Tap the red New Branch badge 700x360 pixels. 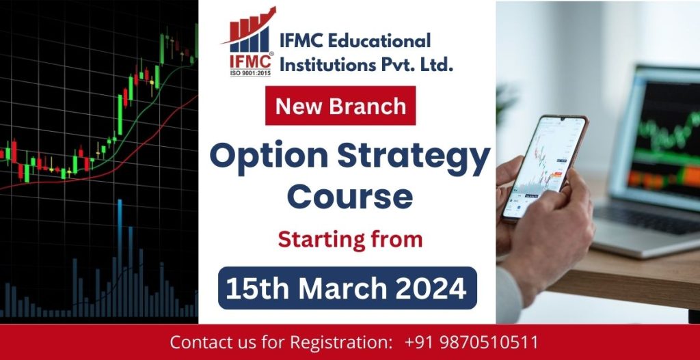(340, 106)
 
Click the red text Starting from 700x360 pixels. (349, 239)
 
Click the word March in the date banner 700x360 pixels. (342, 288)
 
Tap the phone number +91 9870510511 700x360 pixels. (471, 342)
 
